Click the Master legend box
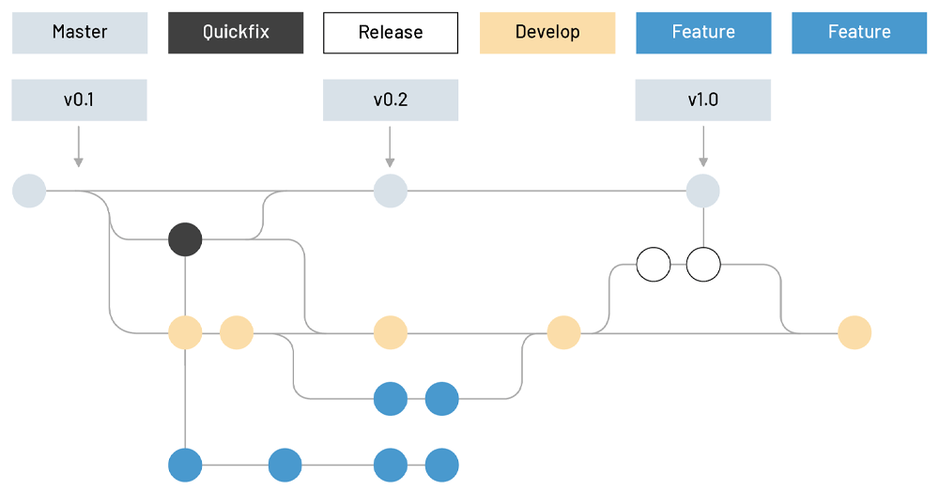pos(79,33)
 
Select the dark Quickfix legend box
pos(236,33)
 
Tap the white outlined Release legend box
pos(391,33)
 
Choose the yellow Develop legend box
pos(547,33)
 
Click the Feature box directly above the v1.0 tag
pos(703,33)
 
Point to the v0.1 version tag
pos(79,100)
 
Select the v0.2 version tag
pos(391,100)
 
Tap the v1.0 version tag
pos(703,100)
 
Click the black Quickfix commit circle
pos(185,239)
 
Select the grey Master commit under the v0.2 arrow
pos(391,191)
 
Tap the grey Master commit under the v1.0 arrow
pos(703,191)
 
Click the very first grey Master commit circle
pos(29,191)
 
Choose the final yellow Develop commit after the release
pos(854,332)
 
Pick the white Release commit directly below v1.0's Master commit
pos(703,265)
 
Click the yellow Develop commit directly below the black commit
pos(185,332)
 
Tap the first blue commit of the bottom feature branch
pos(185,465)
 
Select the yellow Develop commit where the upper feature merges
pos(563,332)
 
